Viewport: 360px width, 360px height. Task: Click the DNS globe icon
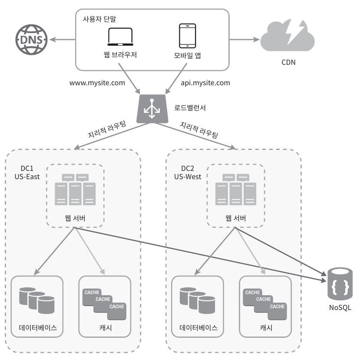coord(31,40)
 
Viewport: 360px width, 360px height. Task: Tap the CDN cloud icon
coord(287,35)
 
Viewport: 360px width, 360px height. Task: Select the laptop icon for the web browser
coord(120,37)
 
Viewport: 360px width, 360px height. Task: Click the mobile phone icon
coord(187,36)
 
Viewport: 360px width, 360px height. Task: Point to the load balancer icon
coord(152,109)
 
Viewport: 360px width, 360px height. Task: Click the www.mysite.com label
coord(97,83)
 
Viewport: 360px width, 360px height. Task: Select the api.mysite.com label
coord(205,83)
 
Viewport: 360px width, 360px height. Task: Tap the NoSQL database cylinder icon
coord(340,283)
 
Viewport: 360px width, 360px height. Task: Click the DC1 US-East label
coord(27,173)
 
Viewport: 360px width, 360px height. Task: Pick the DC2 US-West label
coord(188,173)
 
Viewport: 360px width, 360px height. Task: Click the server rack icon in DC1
coord(75,190)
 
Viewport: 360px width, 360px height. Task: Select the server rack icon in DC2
coord(235,190)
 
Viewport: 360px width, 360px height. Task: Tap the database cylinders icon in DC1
coord(37,300)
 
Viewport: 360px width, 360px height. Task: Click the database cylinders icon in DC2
coord(197,300)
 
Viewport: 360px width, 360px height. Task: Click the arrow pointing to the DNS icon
coord(63,40)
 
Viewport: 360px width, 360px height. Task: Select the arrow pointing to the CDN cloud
coord(244,40)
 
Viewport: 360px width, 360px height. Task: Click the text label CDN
coord(288,62)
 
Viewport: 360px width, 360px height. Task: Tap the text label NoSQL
coord(340,307)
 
